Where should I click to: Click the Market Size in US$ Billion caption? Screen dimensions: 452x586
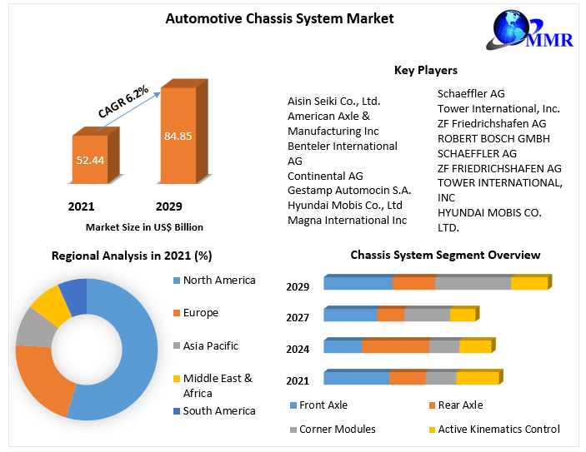click(144, 226)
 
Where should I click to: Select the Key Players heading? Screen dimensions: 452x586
click(425, 70)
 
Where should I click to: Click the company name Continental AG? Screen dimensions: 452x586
click(325, 176)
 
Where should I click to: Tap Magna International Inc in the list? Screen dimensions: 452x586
click(347, 221)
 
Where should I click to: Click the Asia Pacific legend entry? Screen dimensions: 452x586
click(210, 345)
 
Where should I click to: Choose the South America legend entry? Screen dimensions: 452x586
click(219, 410)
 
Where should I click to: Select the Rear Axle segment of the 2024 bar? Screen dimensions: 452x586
click(395, 346)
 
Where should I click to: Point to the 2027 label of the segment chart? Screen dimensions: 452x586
click(298, 317)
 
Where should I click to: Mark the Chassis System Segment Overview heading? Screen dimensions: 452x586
click(445, 255)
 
